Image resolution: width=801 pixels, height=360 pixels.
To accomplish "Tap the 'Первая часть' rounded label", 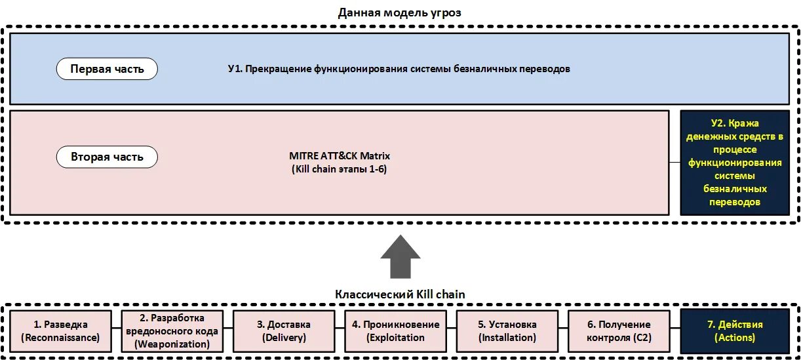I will [107, 68].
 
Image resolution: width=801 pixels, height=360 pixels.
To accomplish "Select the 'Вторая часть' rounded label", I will [107, 157].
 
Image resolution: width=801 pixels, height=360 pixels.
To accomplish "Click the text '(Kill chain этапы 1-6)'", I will [340, 169].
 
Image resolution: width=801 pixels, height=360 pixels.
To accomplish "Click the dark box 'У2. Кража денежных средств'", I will [735, 162].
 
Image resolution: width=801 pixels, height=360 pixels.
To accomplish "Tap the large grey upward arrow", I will [400, 256].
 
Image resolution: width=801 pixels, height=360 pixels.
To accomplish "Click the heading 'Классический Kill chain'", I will [400, 294].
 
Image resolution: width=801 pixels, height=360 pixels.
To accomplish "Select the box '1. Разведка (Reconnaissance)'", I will [60, 331].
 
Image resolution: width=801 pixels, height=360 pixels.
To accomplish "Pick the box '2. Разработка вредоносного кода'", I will [172, 331].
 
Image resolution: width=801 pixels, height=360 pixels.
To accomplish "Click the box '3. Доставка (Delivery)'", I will [283, 331].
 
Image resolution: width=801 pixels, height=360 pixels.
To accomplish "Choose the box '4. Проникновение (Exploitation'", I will [395, 331].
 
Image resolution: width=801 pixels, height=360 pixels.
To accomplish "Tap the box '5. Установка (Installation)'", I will [507, 331].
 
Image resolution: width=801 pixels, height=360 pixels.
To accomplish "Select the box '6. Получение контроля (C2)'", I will [619, 331].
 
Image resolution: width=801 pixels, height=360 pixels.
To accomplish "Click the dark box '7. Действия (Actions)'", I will [735, 331].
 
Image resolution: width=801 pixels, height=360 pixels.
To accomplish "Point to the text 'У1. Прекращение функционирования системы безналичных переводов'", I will [399, 68].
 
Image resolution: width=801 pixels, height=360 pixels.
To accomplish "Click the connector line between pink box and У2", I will [674, 162].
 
